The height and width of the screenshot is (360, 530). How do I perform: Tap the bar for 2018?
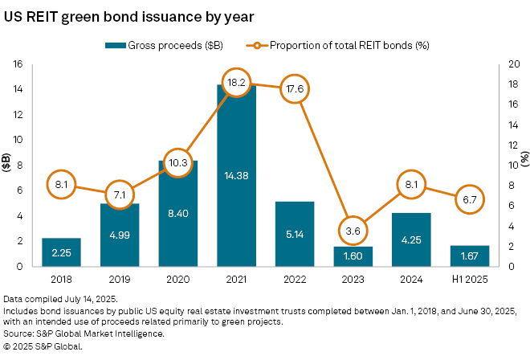pyautogui.click(x=61, y=252)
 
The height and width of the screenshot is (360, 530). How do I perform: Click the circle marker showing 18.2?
pyautogui.click(x=237, y=83)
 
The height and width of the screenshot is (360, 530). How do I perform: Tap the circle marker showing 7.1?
pyautogui.click(x=120, y=194)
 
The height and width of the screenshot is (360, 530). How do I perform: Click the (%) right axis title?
pyautogui.click(x=523, y=165)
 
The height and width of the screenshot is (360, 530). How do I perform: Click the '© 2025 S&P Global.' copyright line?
pyautogui.click(x=43, y=346)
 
